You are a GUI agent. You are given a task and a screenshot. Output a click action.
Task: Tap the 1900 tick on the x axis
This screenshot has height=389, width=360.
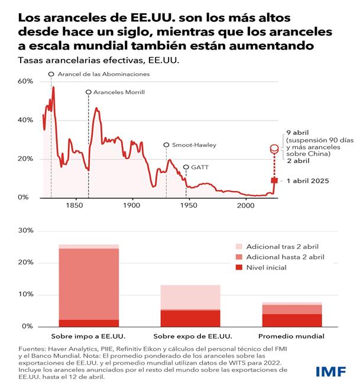tap(131, 206)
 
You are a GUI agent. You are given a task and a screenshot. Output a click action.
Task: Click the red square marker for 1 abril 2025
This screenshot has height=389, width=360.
tap(274, 180)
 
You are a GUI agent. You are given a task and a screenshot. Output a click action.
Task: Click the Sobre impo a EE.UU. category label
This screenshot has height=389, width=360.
tap(89, 336)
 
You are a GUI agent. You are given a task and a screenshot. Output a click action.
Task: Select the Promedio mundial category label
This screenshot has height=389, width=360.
tap(293, 336)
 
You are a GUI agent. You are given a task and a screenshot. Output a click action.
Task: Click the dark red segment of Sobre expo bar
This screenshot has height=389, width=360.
tap(191, 318)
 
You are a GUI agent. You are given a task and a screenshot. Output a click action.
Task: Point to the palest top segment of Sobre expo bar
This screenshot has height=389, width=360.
tap(191, 297)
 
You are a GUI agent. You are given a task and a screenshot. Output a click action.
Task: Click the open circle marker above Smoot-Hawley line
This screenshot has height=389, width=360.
tap(166, 145)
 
